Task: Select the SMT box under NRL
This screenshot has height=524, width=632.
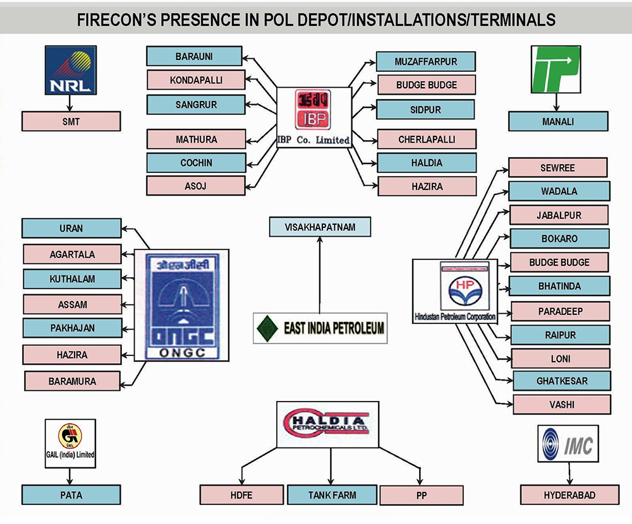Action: coord(71,121)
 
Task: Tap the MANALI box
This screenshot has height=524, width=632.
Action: coord(559,121)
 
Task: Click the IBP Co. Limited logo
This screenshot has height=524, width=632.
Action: coord(314,117)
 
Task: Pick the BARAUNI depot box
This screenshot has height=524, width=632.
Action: coord(194,56)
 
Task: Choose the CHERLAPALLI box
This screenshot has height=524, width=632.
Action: coord(427,139)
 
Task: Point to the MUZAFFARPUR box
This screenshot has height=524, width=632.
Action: coord(425,61)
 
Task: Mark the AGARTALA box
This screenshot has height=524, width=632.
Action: coord(72,254)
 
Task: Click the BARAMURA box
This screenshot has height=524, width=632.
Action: coord(72,381)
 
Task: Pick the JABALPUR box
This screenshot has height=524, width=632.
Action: coord(559,215)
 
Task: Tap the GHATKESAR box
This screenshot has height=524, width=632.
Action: coord(562,381)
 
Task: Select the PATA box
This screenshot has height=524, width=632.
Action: coord(71,495)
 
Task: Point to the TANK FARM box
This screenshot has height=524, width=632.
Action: coord(332,495)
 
